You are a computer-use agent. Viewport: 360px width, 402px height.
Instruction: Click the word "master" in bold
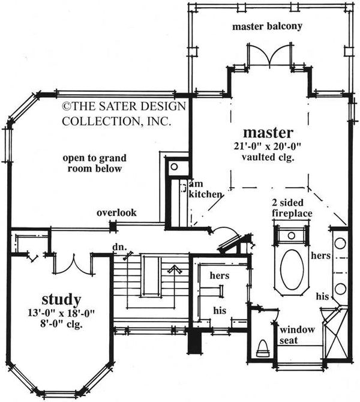click(268, 131)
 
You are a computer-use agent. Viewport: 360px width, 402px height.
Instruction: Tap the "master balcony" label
click(267, 26)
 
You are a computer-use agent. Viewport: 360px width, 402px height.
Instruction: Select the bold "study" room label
click(62, 298)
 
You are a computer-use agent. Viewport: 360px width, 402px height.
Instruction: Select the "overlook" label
click(117, 212)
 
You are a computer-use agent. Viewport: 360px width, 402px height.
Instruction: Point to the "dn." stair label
click(118, 246)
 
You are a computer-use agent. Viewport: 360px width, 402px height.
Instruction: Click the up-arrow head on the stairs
click(173, 268)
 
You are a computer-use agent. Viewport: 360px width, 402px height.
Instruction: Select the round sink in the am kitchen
click(174, 167)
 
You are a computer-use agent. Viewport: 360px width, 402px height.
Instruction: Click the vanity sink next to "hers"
click(340, 244)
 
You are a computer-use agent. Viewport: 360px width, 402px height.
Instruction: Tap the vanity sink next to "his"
click(340, 289)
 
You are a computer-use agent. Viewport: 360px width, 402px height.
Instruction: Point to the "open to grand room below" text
click(95, 163)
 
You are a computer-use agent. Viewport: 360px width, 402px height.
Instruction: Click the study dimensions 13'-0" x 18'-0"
click(61, 313)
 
